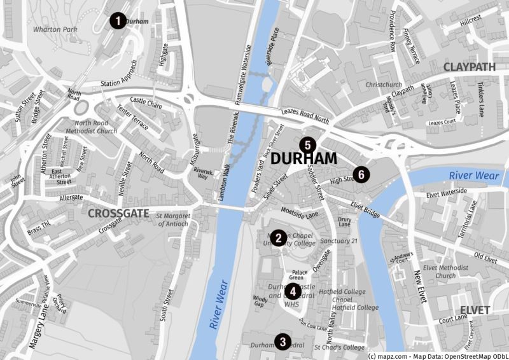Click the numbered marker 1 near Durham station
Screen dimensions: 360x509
(117, 21)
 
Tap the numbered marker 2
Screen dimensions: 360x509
(278, 237)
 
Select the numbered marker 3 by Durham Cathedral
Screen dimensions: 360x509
(282, 342)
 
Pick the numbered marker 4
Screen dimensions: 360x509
(292, 292)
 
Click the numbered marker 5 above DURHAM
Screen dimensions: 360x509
(308, 145)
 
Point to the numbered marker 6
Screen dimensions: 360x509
(361, 174)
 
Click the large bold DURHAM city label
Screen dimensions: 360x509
(303, 159)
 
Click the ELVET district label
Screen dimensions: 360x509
(475, 310)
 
